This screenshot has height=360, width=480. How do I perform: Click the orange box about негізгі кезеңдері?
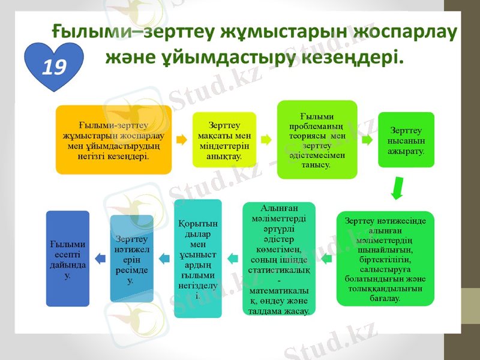coord(114,140)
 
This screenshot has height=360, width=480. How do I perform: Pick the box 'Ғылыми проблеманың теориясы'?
coord(317,139)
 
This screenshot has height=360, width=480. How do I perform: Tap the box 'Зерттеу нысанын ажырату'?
coord(406,140)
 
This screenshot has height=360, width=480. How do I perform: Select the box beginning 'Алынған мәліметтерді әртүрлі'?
coord(278,258)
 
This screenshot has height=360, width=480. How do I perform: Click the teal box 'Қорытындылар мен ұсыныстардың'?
coord(197,258)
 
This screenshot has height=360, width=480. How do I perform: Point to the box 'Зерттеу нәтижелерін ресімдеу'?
coord(131,259)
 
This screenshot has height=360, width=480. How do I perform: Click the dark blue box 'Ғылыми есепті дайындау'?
coord(68,258)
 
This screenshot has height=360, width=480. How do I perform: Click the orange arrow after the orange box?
coord(181,140)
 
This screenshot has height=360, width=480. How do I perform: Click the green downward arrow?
coord(397,187)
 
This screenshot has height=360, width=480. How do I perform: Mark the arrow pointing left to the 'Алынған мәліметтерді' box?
coord(326,259)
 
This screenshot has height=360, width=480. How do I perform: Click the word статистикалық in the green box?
coord(278,271)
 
